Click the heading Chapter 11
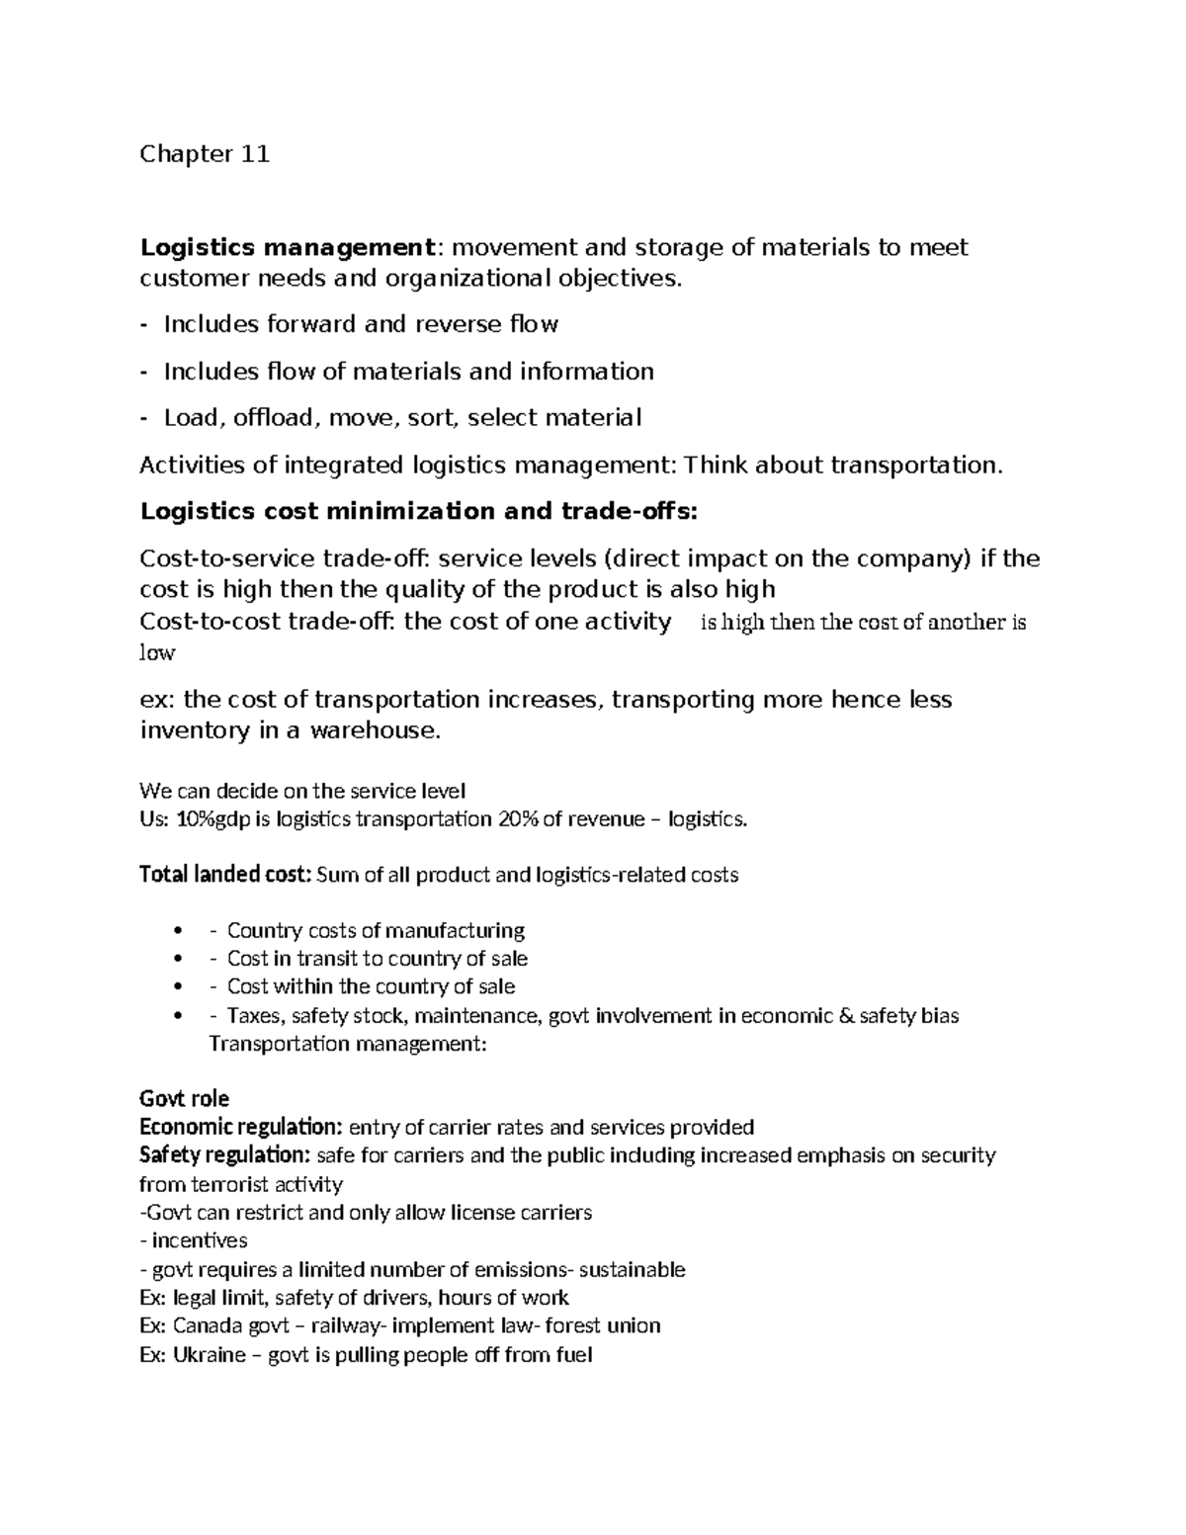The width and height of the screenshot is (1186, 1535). pyautogui.click(x=205, y=154)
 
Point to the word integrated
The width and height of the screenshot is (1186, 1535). pyautogui.click(x=343, y=465)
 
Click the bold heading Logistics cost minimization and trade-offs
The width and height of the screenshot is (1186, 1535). pyautogui.click(x=419, y=511)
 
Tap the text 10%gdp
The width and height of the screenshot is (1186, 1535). pyautogui.click(x=211, y=818)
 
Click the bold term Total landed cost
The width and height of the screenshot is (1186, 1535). pyautogui.click(x=225, y=875)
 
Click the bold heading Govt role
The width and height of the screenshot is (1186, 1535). pyautogui.click(x=185, y=1098)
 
